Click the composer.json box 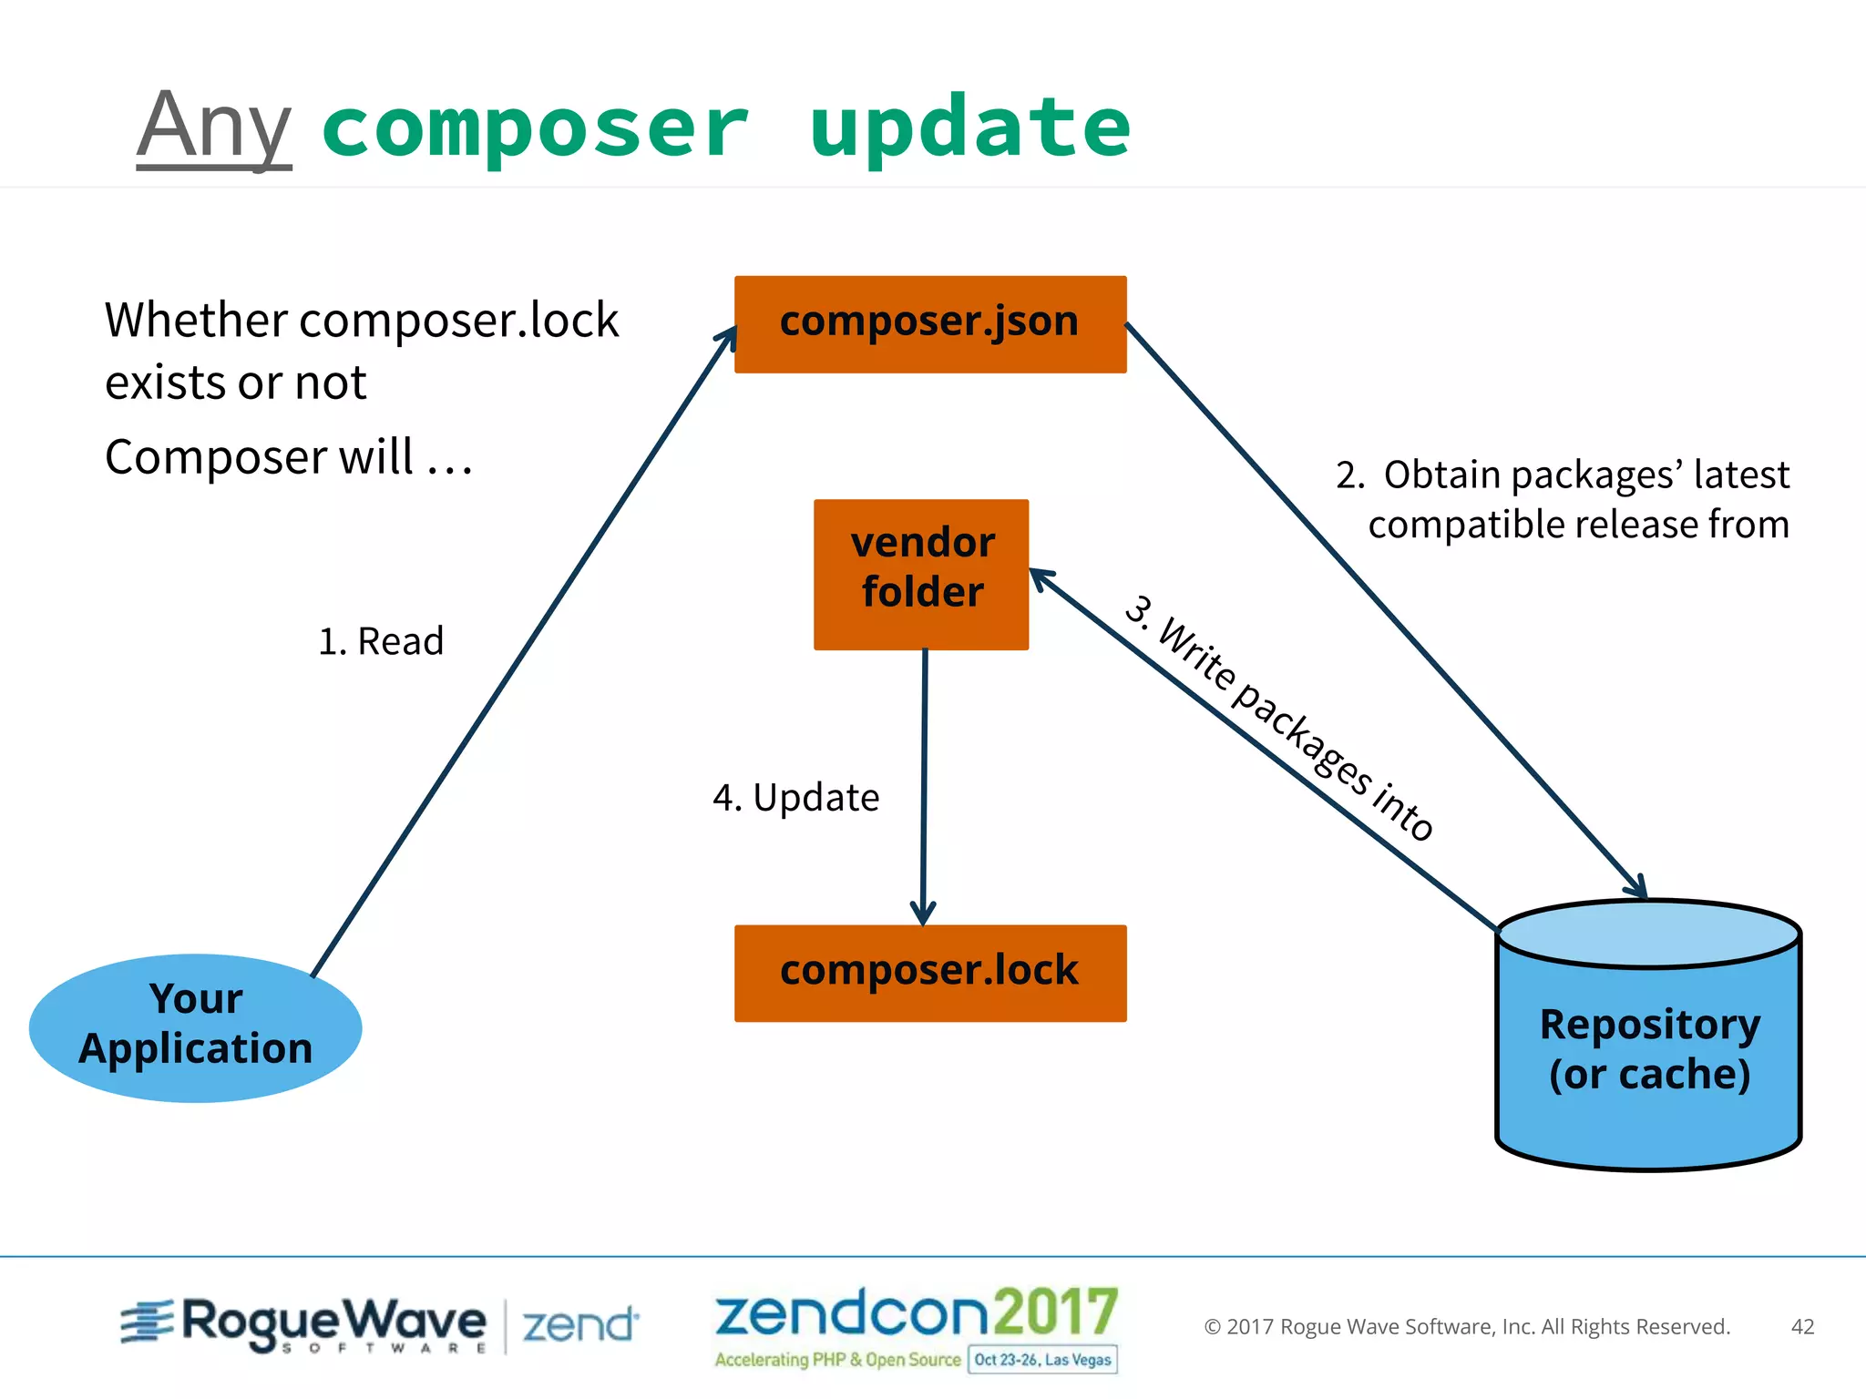[x=930, y=323]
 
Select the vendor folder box [x=921, y=574]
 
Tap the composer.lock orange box [x=930, y=973]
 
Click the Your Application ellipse [x=196, y=1026]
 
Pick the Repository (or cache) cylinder [x=1649, y=1038]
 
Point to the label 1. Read [x=381, y=641]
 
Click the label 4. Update [x=795, y=798]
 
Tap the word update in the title [x=969, y=128]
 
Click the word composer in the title [x=536, y=128]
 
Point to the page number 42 [x=1802, y=1326]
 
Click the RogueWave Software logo [x=305, y=1322]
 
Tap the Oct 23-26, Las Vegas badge [x=1042, y=1359]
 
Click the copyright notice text [x=1467, y=1326]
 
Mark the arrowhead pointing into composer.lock [x=923, y=913]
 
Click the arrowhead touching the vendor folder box [x=1041, y=577]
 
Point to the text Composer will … [x=289, y=457]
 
